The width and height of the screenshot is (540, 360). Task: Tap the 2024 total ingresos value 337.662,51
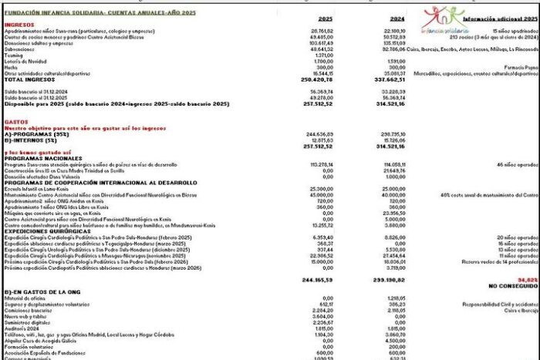tap(391, 79)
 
